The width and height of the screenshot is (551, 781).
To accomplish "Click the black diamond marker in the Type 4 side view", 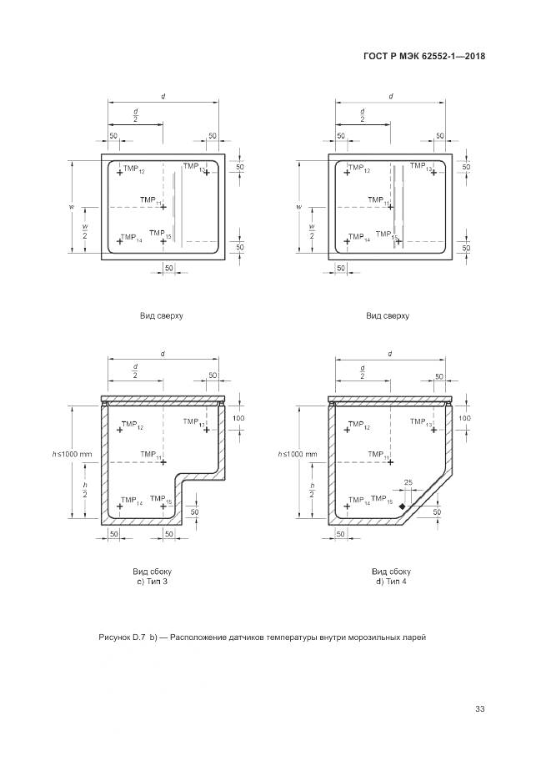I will (402, 506).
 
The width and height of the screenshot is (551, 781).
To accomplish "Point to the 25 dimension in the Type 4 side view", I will (408, 483).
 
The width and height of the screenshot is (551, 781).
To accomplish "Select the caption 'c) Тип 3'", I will (152, 581).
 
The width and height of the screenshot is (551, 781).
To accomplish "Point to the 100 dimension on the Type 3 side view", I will (239, 417).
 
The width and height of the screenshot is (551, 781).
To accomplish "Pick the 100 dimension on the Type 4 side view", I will (465, 417).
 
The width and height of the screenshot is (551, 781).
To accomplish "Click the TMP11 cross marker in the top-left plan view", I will (163, 207).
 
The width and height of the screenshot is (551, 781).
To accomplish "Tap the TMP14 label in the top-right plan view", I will (359, 239).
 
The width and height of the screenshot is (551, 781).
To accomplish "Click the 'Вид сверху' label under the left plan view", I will (163, 316).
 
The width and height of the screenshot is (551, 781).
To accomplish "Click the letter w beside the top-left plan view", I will (73, 206).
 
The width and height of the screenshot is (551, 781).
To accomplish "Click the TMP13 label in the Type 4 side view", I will (420, 426).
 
